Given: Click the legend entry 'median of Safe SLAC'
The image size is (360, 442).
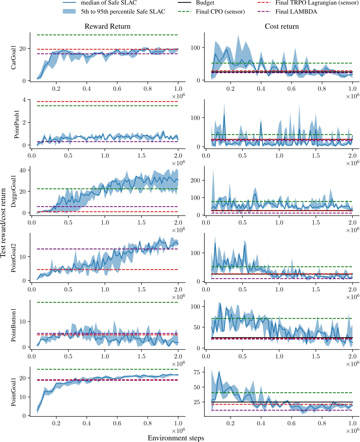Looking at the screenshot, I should pos(109,3).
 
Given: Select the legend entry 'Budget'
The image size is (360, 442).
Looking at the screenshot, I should pos(205,3).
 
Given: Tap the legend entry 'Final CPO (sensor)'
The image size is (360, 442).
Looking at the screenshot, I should pos(220,12).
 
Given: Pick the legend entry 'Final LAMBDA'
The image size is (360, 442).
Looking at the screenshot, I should pos(296,12).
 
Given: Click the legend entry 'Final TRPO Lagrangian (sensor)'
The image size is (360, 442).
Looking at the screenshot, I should pos(317,3).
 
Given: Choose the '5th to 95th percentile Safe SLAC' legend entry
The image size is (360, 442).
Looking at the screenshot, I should pos(123,12).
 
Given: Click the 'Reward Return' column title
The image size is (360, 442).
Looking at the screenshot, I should pos(107,26).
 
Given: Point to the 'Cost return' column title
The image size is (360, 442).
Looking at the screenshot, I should pos(282,26).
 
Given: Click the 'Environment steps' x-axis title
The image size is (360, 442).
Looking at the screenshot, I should pos(176,438).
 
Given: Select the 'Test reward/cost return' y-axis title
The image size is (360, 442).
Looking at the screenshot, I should pos(3,223).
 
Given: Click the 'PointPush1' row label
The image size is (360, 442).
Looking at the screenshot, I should pos(17,124).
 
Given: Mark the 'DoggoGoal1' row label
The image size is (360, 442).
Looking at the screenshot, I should pos(13,191).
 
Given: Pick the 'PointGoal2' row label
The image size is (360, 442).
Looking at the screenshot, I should pos(13,258).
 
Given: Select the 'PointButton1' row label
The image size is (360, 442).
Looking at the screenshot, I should pos(13,325).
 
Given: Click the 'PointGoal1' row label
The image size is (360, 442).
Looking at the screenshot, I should pos(13,392).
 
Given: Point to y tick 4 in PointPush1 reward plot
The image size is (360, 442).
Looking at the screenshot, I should pos(24,100).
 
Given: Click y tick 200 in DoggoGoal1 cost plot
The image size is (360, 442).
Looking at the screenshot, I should pos(196,180).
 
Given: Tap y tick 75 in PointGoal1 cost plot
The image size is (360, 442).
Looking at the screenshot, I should pos(197,372).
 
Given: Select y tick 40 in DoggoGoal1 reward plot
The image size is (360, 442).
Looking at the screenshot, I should pos(22,170).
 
